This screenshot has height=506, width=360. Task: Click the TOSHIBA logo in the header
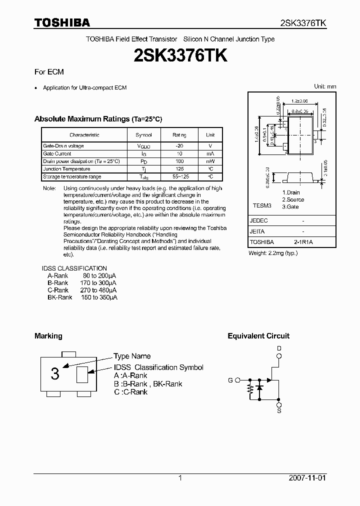tap(62, 22)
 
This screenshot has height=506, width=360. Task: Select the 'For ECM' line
tap(49, 72)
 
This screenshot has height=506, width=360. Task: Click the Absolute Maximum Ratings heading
tap(98, 119)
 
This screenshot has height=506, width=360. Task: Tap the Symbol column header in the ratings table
tap(143, 135)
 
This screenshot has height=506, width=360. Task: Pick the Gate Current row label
tap(57, 153)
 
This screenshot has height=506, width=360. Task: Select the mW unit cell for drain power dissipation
tap(210, 161)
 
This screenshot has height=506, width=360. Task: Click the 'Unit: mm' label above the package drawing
tap(324, 86)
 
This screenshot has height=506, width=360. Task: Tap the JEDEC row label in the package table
tap(259, 220)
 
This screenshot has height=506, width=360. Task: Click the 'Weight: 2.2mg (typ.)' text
tap(273, 253)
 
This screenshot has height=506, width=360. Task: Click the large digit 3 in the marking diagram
tap(55, 373)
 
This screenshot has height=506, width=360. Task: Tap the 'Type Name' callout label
tap(132, 356)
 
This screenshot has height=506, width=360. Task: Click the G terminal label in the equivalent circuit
tap(230, 380)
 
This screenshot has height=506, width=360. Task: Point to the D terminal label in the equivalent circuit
tap(279, 348)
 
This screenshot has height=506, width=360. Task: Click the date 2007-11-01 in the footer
tap(307, 478)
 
